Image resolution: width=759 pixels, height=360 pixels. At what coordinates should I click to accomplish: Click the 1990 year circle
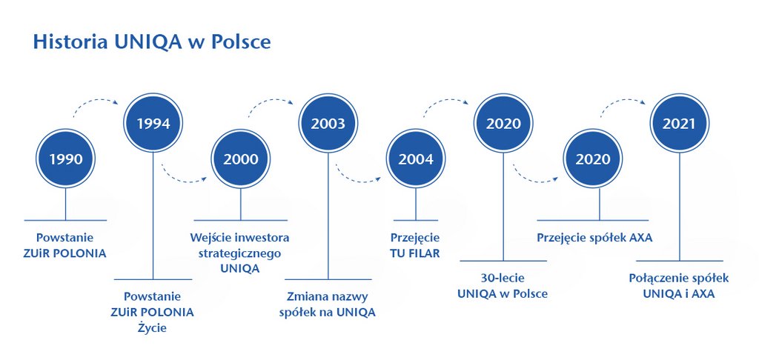[65, 159]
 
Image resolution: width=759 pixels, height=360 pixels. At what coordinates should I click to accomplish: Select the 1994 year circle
[153, 123]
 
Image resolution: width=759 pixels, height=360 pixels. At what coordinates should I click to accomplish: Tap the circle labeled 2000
[241, 159]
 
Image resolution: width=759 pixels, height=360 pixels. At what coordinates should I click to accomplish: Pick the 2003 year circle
[328, 123]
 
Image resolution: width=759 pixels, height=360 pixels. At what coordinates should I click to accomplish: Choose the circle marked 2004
[415, 159]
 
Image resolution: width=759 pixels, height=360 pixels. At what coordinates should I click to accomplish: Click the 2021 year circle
[679, 123]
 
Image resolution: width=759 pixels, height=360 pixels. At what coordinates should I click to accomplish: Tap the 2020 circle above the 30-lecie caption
[503, 123]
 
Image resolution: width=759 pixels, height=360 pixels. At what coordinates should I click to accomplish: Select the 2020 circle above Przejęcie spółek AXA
[593, 159]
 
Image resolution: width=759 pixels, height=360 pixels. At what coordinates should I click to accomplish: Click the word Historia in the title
[70, 42]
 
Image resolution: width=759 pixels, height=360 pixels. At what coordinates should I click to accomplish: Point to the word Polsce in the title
[241, 42]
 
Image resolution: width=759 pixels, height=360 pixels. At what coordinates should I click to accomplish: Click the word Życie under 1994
[152, 328]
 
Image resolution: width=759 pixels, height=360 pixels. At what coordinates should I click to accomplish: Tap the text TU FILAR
[415, 253]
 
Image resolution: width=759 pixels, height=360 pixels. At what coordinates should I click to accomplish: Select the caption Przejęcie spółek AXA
[594, 238]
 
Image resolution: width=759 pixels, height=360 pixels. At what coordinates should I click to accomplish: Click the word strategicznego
[239, 253]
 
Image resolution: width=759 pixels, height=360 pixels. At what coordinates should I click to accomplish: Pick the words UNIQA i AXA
[679, 294]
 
